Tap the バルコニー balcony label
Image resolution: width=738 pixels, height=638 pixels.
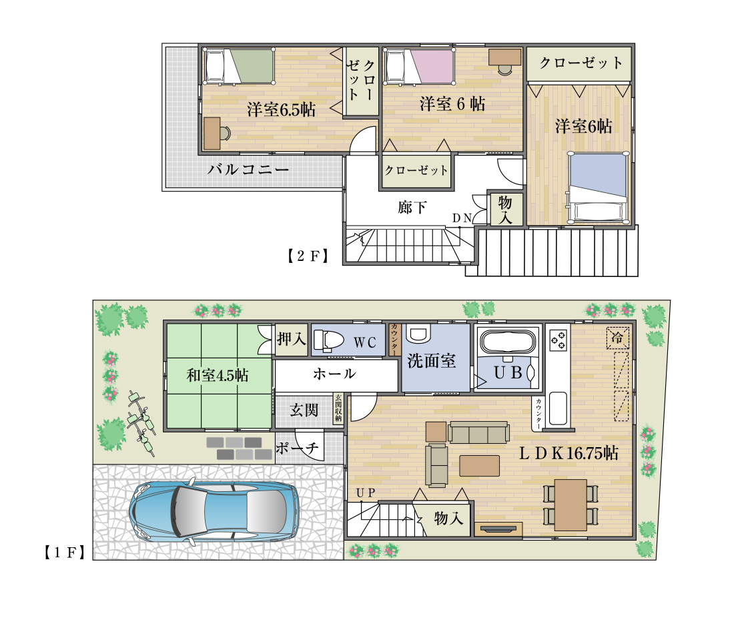(248, 170)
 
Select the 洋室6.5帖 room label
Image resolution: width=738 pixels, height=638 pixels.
(281, 109)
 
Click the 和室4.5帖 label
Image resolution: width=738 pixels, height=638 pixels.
(217, 375)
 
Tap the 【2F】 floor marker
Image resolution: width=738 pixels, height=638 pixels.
(308, 255)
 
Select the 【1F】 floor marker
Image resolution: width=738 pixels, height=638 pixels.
(63, 552)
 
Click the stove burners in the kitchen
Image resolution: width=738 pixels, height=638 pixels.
(558, 341)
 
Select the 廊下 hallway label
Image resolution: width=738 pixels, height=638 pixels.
(412, 208)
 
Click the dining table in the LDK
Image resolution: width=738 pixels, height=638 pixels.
(571, 504)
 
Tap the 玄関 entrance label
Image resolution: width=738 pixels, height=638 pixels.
(304, 410)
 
